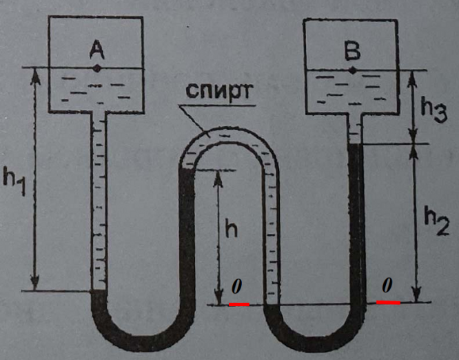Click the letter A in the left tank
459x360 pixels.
[97, 49]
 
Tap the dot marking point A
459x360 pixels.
[97, 68]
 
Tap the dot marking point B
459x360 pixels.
[353, 70]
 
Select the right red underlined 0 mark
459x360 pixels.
[388, 285]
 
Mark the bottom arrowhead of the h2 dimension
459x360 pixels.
[414, 298]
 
